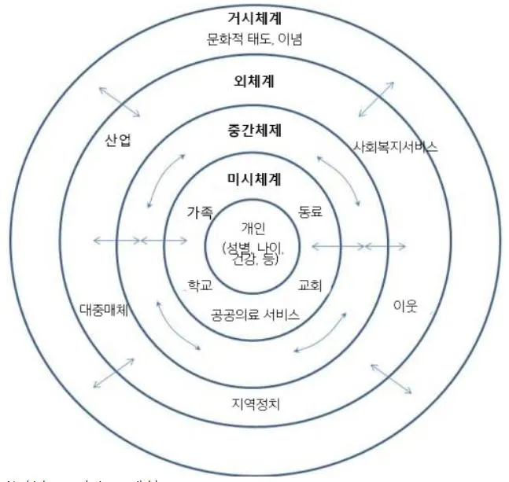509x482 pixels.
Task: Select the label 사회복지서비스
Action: tap(396, 146)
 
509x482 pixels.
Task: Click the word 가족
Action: tap(200, 212)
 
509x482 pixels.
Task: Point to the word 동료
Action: tap(310, 212)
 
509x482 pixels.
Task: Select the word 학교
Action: tap(199, 285)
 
